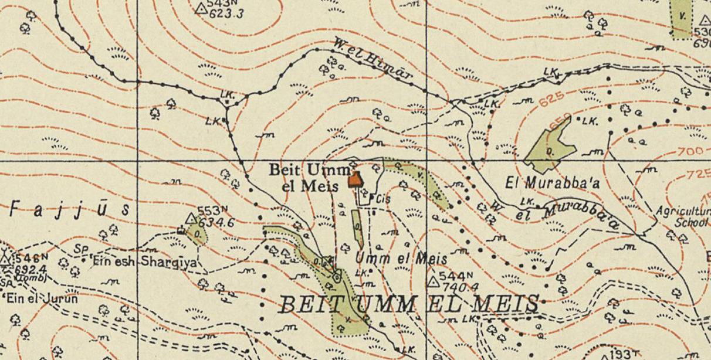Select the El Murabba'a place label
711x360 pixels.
553,183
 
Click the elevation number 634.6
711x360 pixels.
216,223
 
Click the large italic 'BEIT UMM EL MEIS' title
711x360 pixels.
408,304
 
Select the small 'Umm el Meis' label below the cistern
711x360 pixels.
401,258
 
